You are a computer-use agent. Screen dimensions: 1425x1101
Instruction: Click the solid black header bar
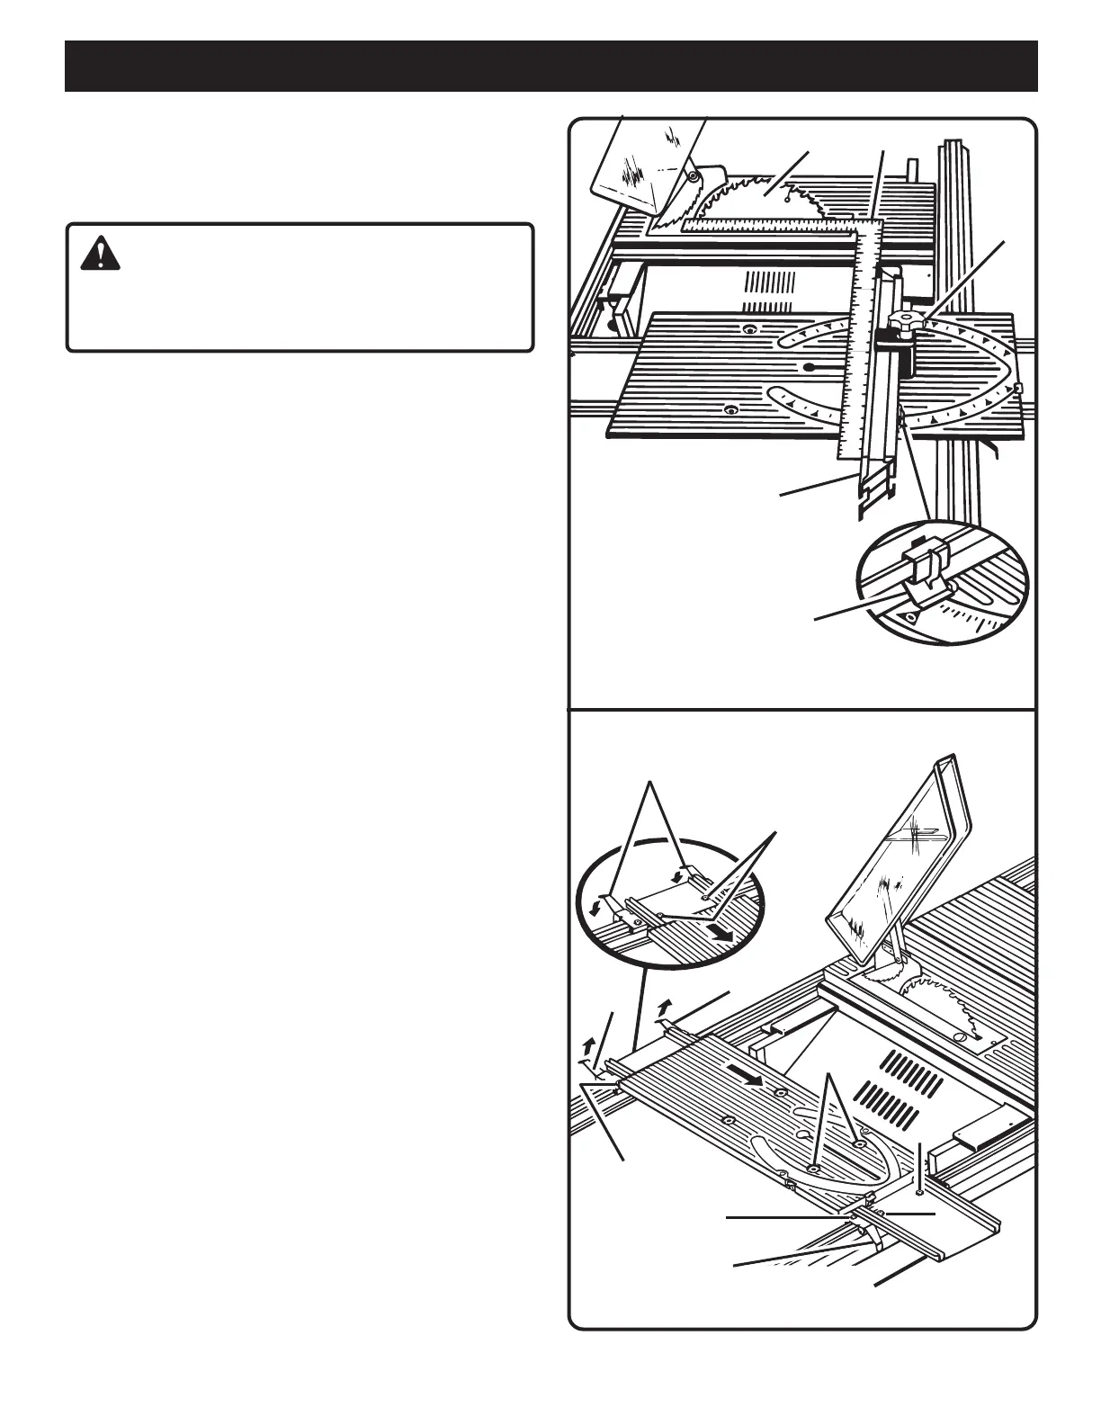pyautogui.click(x=550, y=66)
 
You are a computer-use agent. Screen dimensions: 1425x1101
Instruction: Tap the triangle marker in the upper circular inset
pyautogui.click(x=909, y=617)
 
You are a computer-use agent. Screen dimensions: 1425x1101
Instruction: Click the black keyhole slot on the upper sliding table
pyautogui.click(x=810, y=367)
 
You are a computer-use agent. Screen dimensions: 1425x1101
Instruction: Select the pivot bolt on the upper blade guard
pyautogui.click(x=693, y=178)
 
